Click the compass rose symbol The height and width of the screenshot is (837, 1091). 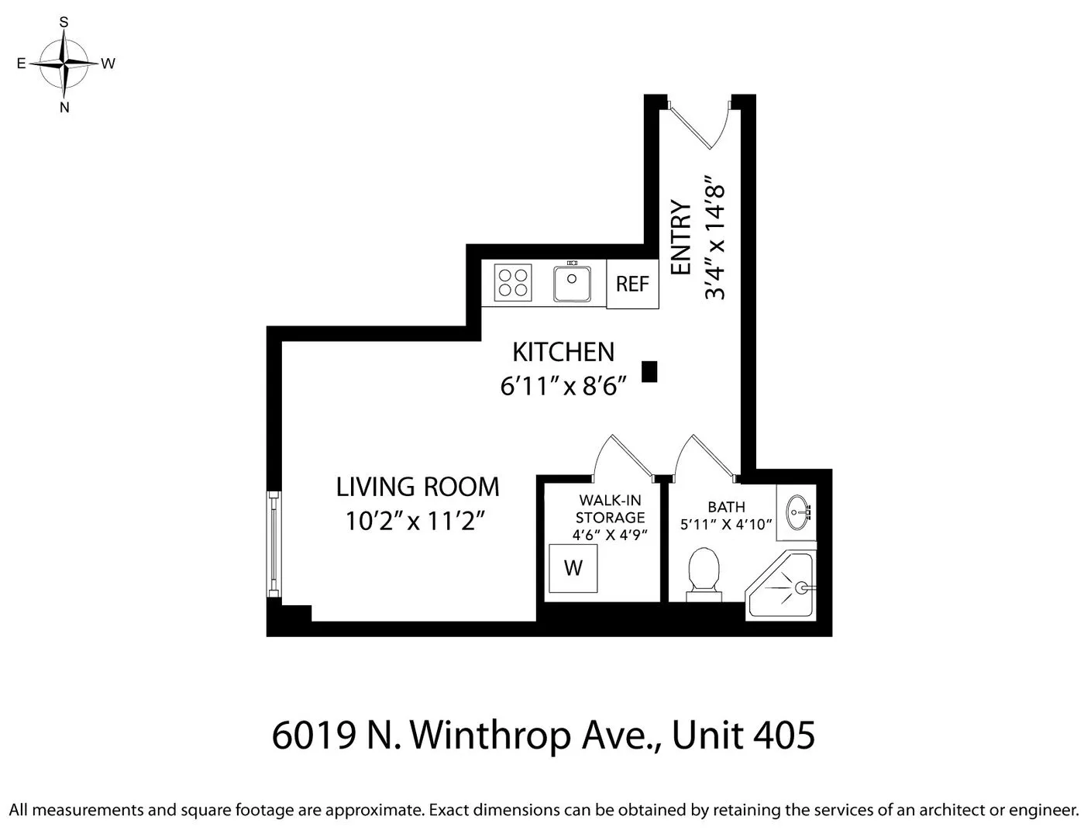pyautogui.click(x=65, y=64)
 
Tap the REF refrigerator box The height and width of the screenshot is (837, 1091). pyautogui.click(x=632, y=284)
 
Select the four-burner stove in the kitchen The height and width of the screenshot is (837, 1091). pyautogui.click(x=513, y=283)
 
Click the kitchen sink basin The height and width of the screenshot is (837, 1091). pyautogui.click(x=573, y=284)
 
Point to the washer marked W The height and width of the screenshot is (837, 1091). pyautogui.click(x=573, y=568)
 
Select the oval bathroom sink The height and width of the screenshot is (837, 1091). pyautogui.click(x=797, y=511)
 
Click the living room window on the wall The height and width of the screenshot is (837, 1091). pyautogui.click(x=274, y=544)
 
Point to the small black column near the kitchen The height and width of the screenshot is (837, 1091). pyautogui.click(x=649, y=371)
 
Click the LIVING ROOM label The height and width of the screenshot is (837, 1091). pyautogui.click(x=417, y=487)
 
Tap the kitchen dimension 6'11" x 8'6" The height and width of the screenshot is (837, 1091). pyautogui.click(x=563, y=385)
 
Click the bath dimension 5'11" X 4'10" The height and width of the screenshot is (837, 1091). pyautogui.click(x=726, y=525)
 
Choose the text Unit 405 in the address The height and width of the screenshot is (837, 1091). pyautogui.click(x=743, y=735)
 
